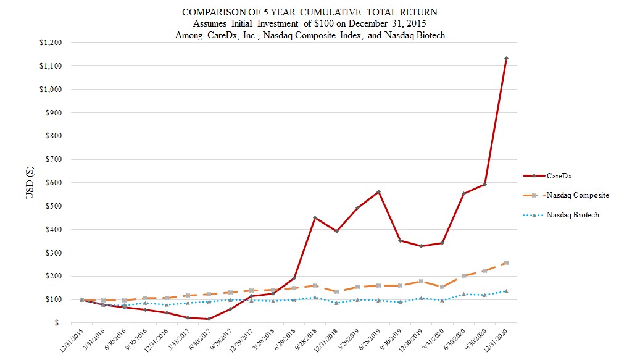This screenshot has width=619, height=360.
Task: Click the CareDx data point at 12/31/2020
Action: [x=506, y=59]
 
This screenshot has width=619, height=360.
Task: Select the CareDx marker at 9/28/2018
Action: [x=315, y=217]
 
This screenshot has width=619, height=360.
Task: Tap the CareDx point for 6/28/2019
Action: [x=378, y=191]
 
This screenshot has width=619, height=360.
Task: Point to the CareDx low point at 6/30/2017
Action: [x=209, y=319]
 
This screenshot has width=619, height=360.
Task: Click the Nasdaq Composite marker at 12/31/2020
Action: [x=506, y=263]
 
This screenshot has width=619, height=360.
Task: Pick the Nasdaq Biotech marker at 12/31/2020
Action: [x=506, y=291]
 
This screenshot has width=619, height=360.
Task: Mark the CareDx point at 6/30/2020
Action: [x=463, y=193]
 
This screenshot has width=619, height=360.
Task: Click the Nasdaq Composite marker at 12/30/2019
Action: [x=421, y=281]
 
